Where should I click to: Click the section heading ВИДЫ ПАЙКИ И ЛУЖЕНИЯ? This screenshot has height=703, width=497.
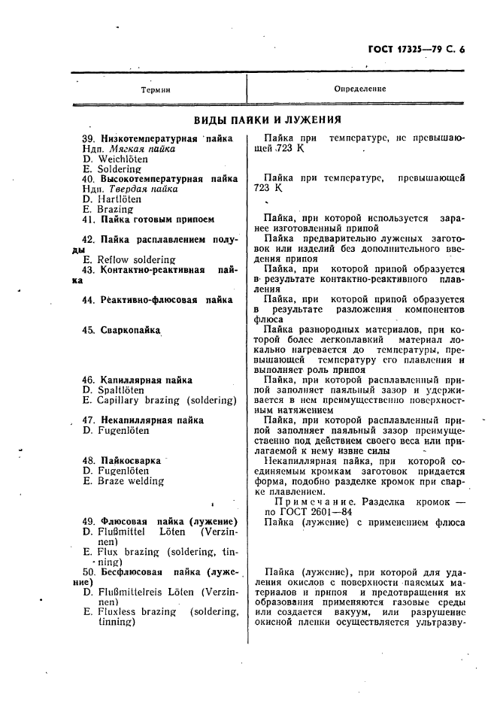[x=268, y=120]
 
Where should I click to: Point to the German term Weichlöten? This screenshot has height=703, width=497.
[x=117, y=159]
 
